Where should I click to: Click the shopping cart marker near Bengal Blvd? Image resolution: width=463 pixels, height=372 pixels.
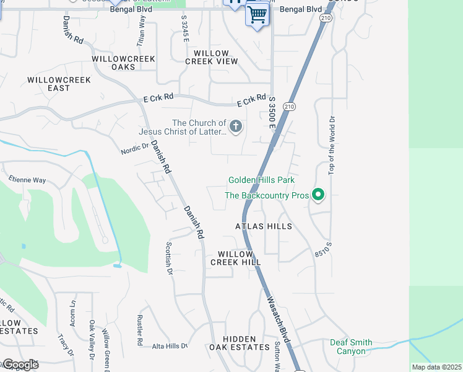tap(257, 14)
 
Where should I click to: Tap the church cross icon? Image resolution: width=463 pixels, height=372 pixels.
tap(235, 127)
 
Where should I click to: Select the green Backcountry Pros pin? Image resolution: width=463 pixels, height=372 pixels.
tap(318, 195)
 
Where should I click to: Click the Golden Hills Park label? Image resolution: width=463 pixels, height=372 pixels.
tap(261, 180)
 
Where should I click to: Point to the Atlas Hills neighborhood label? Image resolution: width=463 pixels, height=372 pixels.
tap(263, 227)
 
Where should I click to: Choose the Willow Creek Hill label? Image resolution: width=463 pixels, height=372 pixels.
tap(235, 259)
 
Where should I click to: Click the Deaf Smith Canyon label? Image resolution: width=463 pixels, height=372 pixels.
tap(351, 347)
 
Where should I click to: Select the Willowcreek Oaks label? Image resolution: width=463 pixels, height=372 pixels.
tap(123, 63)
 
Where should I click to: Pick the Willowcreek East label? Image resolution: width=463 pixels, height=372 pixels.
tap(59, 84)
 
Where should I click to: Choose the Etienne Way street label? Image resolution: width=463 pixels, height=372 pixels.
tap(27, 180)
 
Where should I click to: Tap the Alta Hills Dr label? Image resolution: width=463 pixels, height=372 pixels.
tap(170, 346)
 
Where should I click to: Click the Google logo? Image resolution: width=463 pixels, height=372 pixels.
tap(20, 365)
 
